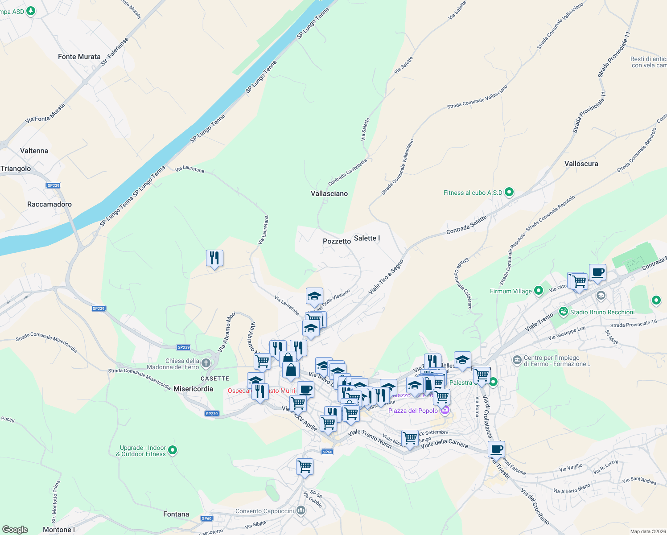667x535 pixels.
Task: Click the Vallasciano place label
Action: click(329, 193)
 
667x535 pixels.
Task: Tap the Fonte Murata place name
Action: click(79, 57)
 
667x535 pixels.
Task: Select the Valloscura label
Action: click(581, 164)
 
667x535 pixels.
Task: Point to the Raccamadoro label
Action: click(49, 204)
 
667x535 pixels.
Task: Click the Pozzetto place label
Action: click(337, 241)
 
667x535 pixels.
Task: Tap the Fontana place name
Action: click(176, 514)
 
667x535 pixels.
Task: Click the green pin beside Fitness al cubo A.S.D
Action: click(509, 193)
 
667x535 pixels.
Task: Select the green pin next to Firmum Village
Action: click(539, 291)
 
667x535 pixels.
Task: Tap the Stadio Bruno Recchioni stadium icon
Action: click(564, 312)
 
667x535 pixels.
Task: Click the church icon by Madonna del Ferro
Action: click(206, 363)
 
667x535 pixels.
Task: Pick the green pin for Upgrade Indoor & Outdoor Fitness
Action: click(173, 451)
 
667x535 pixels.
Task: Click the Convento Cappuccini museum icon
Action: click(301, 510)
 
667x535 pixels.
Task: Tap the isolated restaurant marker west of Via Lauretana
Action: click(214, 258)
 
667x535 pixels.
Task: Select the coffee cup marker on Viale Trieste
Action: click(496, 449)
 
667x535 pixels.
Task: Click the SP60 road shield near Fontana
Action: click(206, 519)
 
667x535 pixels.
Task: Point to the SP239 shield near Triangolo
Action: click(53, 185)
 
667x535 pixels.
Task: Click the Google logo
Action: click(15, 529)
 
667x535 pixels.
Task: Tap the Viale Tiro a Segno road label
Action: click(386, 277)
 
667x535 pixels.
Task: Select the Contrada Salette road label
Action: click(466, 226)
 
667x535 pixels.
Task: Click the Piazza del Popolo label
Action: click(413, 411)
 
